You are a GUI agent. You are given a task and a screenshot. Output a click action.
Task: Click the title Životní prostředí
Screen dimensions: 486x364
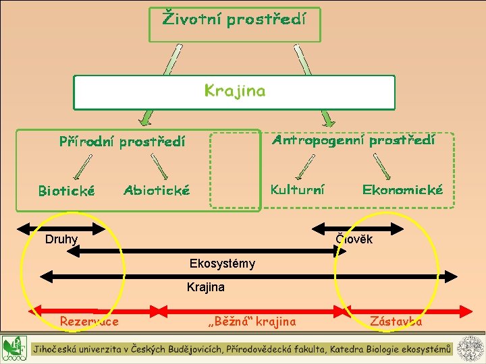(x=234, y=19)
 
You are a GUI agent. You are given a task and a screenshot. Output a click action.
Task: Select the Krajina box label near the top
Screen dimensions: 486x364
(x=234, y=91)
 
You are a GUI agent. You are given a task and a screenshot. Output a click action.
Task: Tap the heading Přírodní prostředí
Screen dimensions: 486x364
(x=122, y=142)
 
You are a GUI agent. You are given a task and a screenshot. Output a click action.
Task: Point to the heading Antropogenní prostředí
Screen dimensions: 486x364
(x=353, y=140)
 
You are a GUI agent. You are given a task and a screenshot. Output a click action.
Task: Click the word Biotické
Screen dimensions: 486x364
(x=66, y=191)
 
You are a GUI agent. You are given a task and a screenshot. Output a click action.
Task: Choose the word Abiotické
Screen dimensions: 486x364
(x=157, y=191)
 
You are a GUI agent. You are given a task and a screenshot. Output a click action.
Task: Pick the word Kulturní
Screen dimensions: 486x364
(x=297, y=189)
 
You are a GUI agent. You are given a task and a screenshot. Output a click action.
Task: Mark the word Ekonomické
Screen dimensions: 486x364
(x=402, y=189)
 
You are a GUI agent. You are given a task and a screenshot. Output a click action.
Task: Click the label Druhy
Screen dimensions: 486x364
(x=61, y=239)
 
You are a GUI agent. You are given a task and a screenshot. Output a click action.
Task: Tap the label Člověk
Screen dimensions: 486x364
(x=354, y=239)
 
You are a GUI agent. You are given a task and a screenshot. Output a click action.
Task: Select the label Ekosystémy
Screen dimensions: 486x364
(x=222, y=264)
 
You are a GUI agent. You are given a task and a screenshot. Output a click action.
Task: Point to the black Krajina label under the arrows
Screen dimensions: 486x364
(x=205, y=288)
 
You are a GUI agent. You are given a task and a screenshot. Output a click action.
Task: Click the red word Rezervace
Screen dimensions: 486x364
(x=89, y=322)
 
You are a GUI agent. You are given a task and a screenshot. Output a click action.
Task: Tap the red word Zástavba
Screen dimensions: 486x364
(x=396, y=322)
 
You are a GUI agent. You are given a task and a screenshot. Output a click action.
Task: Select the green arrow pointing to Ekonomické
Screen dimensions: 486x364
(x=382, y=165)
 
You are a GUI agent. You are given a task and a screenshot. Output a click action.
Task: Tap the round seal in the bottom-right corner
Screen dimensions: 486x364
(x=470, y=348)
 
